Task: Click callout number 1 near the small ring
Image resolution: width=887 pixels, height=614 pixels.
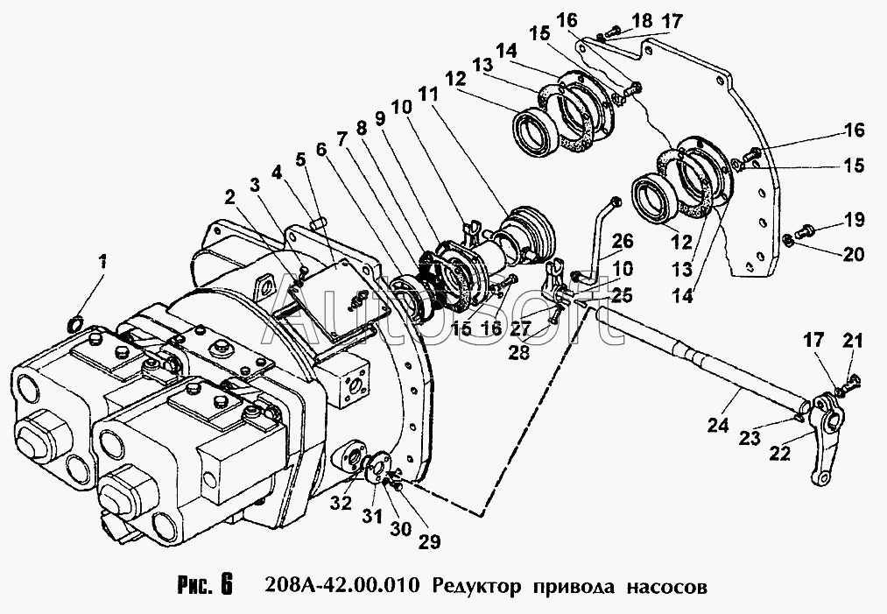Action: (103, 260)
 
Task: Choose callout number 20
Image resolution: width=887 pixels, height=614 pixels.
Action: (852, 256)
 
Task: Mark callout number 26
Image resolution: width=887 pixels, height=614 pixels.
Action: (621, 240)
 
